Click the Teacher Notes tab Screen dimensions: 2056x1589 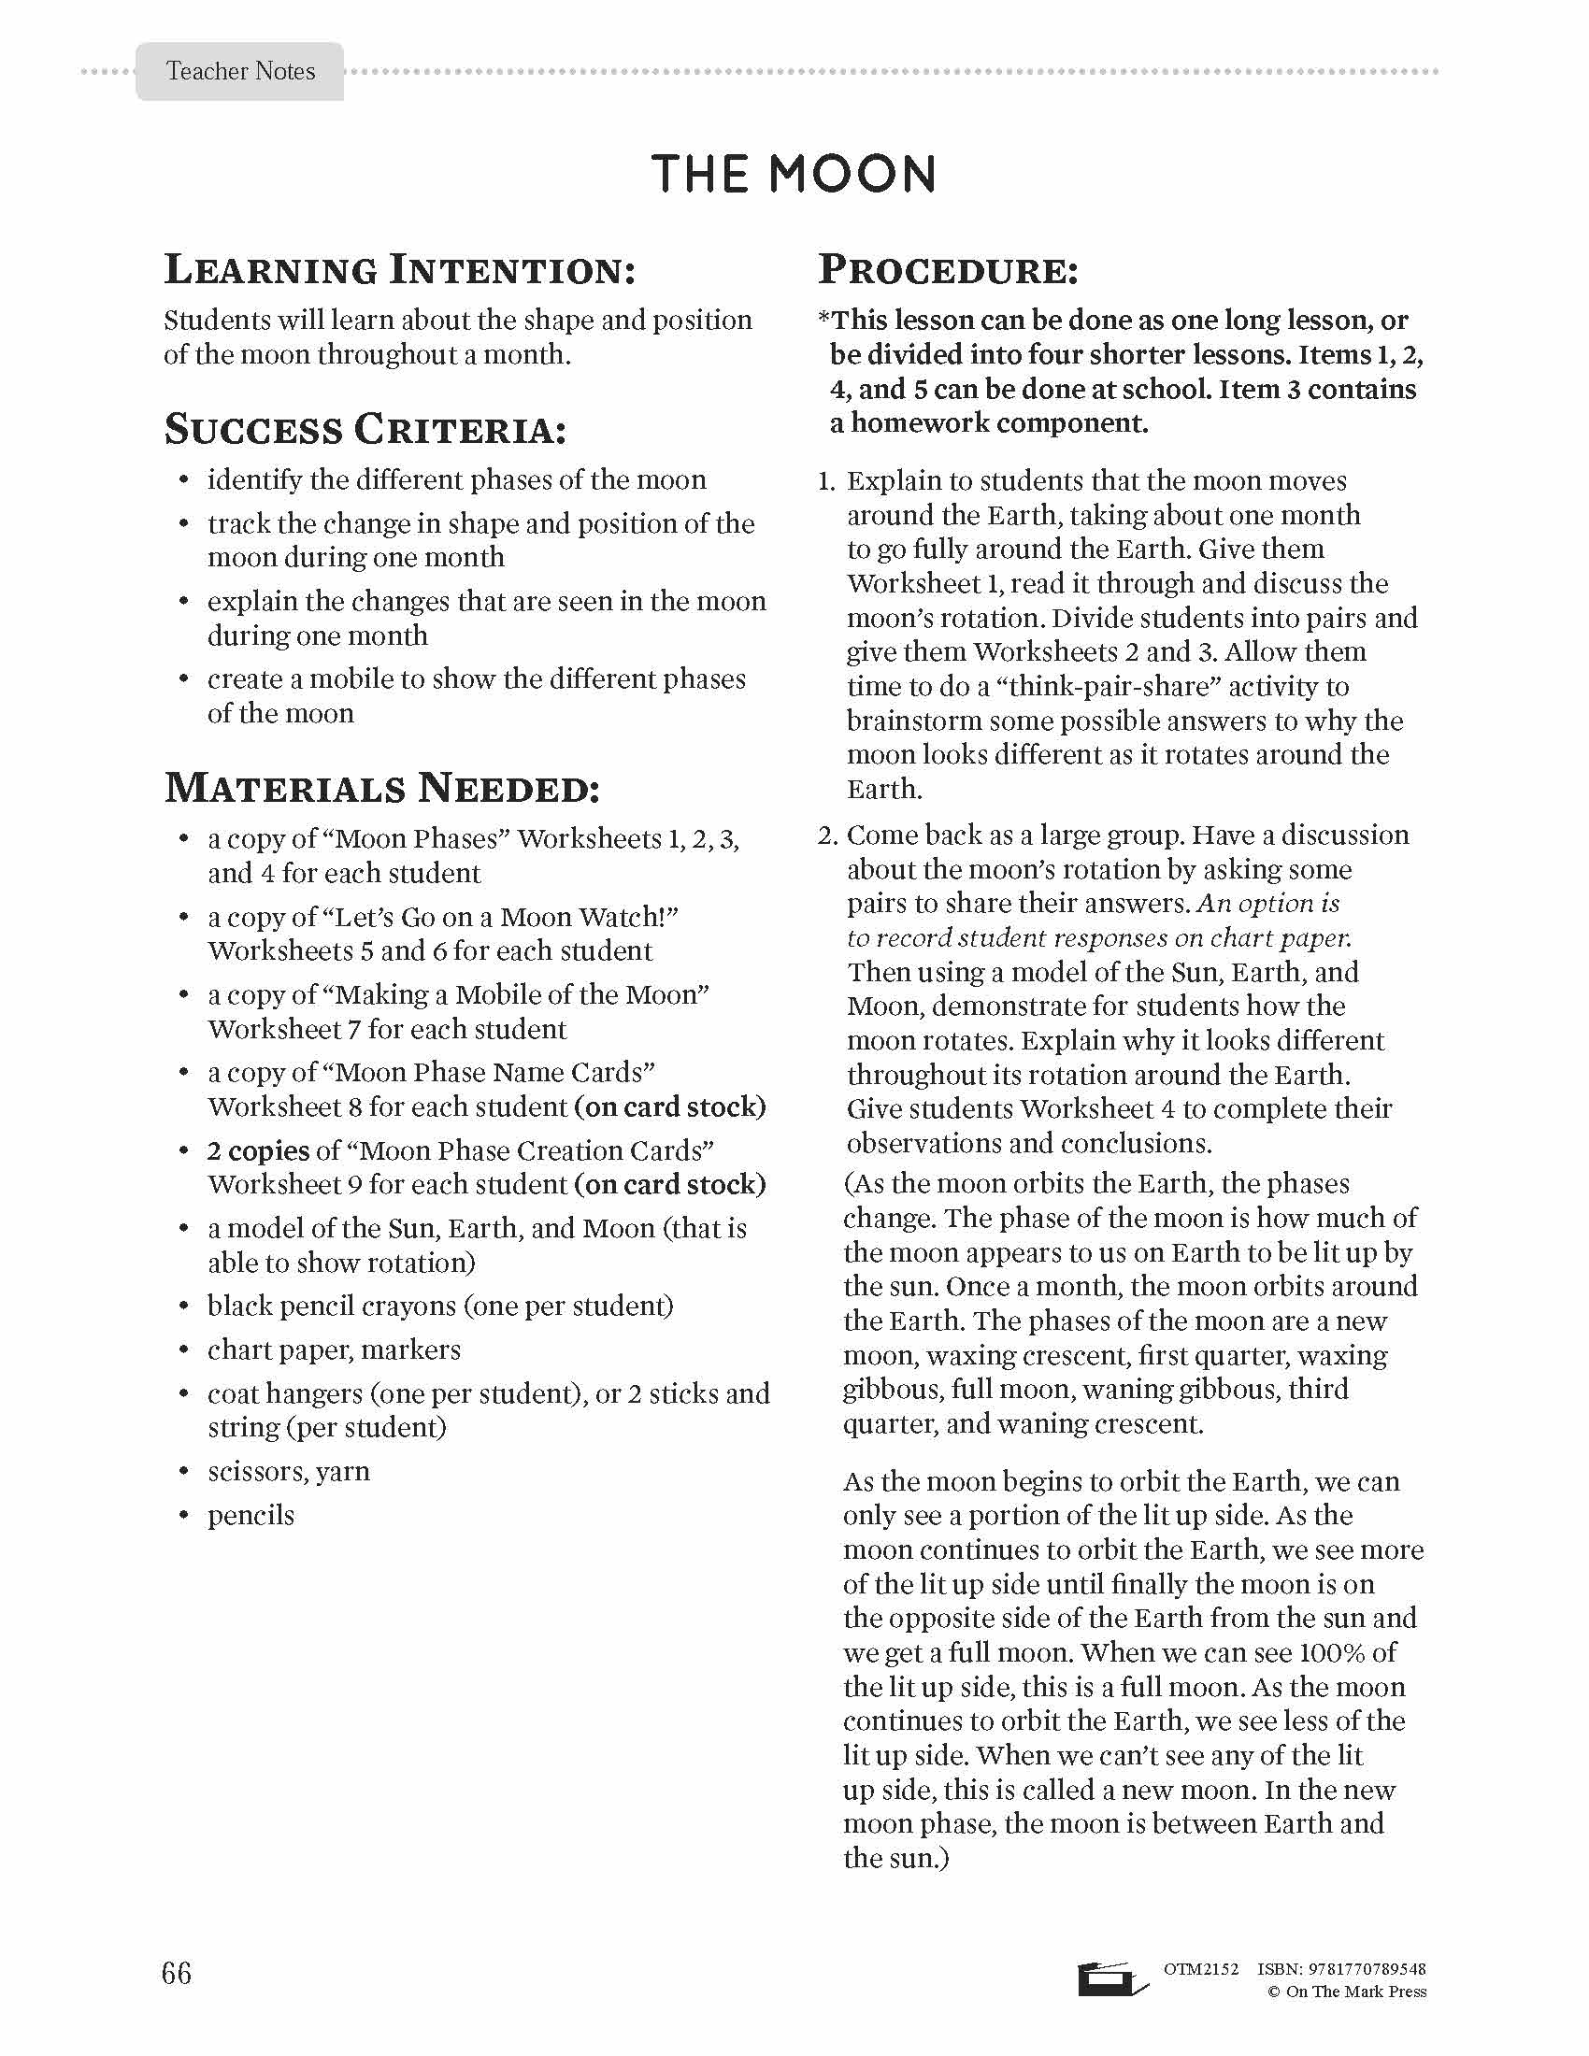(x=240, y=72)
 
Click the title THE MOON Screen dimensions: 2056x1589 (x=794, y=174)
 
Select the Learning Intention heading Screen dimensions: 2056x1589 (x=400, y=270)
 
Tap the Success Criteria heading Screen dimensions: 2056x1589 (x=366, y=430)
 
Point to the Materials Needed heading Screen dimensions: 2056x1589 (x=382, y=788)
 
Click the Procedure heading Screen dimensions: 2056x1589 (x=948, y=270)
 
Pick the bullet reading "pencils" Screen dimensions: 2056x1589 (x=251, y=1515)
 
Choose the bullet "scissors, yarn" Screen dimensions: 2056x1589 (x=288, y=1470)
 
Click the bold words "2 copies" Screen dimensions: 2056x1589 (x=259, y=1150)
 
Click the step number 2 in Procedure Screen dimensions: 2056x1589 (x=826, y=835)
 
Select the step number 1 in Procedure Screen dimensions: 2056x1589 (x=826, y=481)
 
